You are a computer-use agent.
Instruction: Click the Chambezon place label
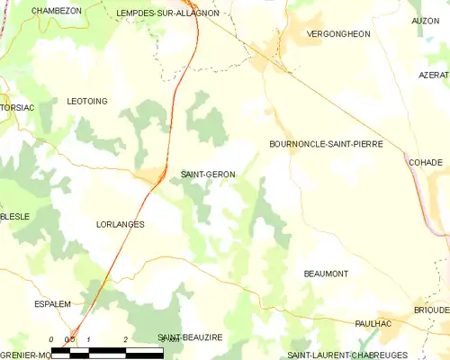[57, 11]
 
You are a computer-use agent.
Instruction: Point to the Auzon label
[426, 21]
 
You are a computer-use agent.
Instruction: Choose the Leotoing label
[88, 102]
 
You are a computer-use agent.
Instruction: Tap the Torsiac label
[17, 107]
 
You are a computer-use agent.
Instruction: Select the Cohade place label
[426, 163]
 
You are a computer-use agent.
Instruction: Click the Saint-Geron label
[209, 175]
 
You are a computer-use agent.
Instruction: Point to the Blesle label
[15, 217]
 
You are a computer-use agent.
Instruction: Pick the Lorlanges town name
[120, 224]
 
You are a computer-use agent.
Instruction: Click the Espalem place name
[52, 304]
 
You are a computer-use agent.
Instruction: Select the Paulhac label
[373, 322]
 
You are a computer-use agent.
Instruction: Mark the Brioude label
[434, 310]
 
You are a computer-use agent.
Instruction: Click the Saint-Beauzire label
[190, 337]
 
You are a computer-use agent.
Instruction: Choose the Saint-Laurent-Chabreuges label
[346, 355]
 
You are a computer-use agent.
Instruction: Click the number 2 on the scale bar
[125, 340]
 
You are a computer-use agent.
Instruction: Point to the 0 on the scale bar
[52, 340]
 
